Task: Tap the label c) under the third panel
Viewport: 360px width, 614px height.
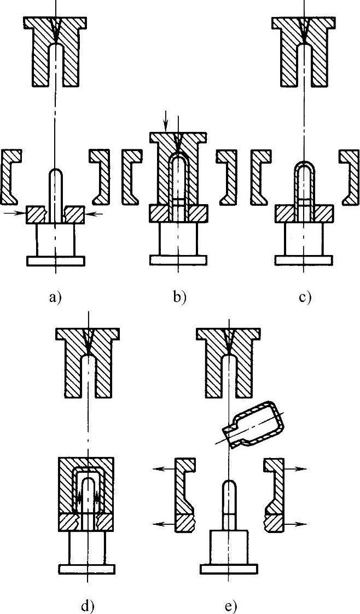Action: (x=305, y=298)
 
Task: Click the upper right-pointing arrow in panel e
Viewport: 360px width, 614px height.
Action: (x=298, y=469)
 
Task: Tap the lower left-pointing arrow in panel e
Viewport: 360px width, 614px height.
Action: (x=162, y=524)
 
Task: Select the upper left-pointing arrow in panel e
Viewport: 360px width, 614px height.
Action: (x=162, y=469)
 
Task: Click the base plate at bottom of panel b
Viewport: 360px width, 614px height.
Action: (x=179, y=260)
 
